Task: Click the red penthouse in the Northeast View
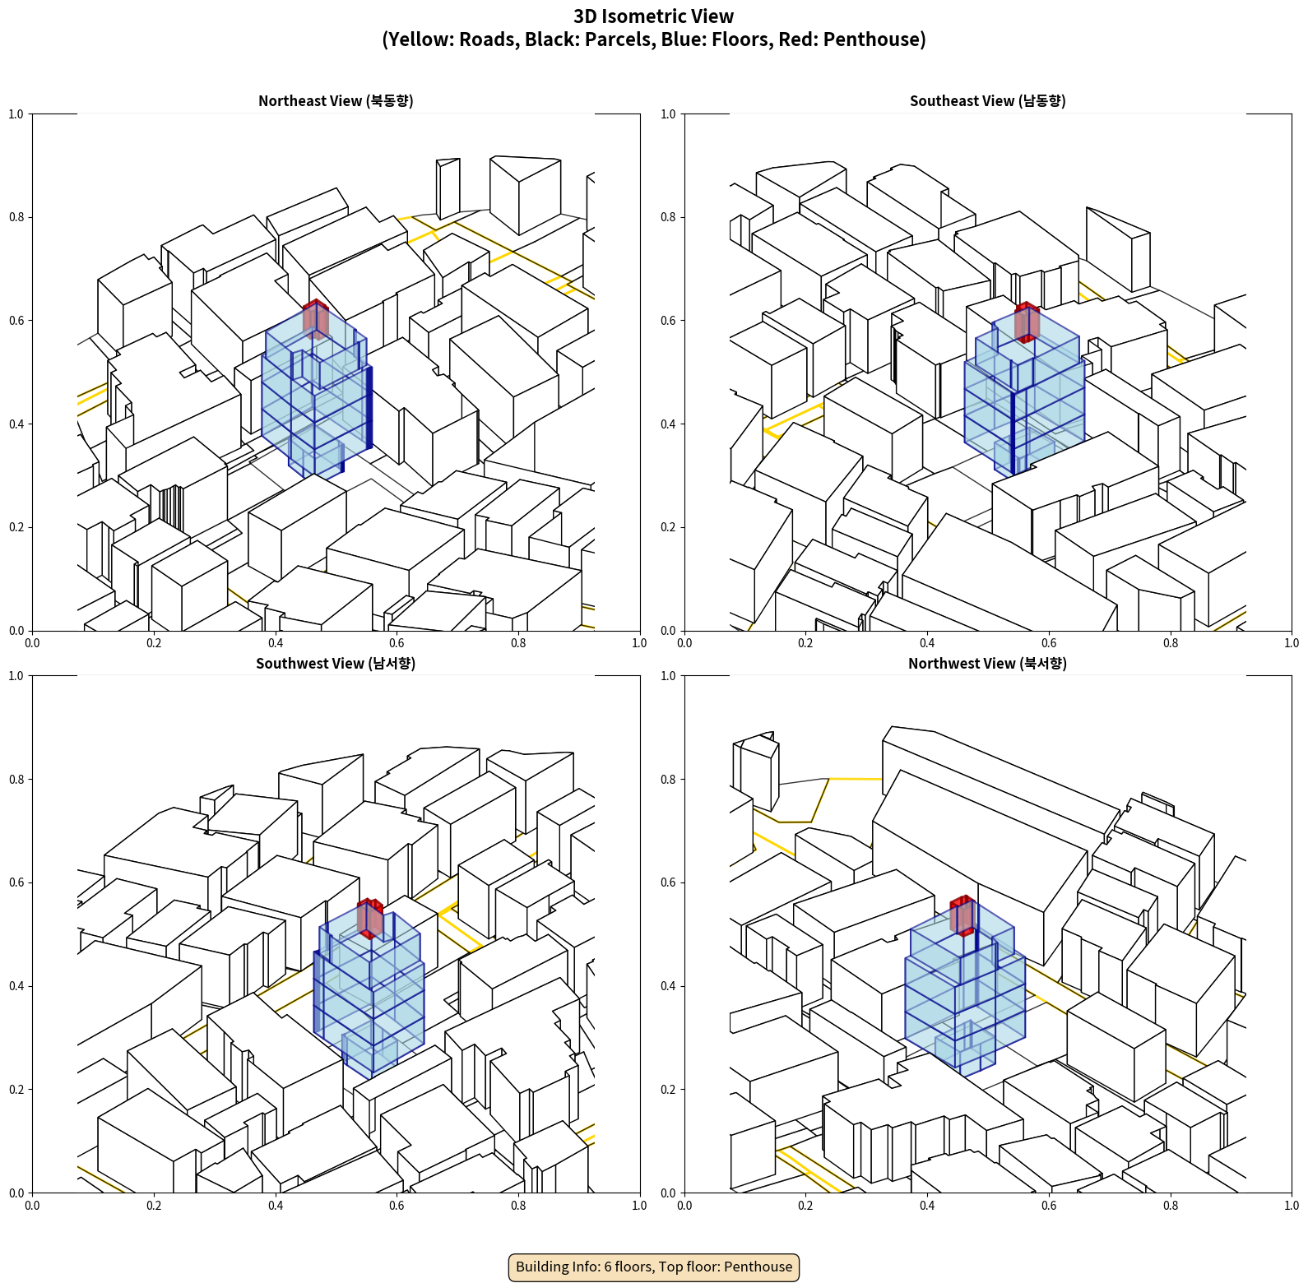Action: coord(315,318)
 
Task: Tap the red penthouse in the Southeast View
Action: coord(1026,322)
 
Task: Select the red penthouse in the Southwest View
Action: coord(369,918)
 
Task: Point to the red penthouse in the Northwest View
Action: coord(962,915)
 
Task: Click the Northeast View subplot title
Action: coord(336,101)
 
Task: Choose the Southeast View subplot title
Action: coord(987,101)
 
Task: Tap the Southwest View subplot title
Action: coord(336,664)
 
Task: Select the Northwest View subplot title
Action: coord(987,664)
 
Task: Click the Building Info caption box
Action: coord(654,1267)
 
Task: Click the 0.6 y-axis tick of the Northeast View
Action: coord(16,321)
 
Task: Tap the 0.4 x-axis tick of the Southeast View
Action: coord(927,643)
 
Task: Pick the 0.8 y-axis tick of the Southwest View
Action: coord(16,780)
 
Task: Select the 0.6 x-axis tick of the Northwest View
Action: coord(1049,1206)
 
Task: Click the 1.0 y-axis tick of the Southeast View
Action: coord(668,114)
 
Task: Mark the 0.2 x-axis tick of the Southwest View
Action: coord(154,1206)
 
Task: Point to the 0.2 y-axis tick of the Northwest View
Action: coord(668,1090)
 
